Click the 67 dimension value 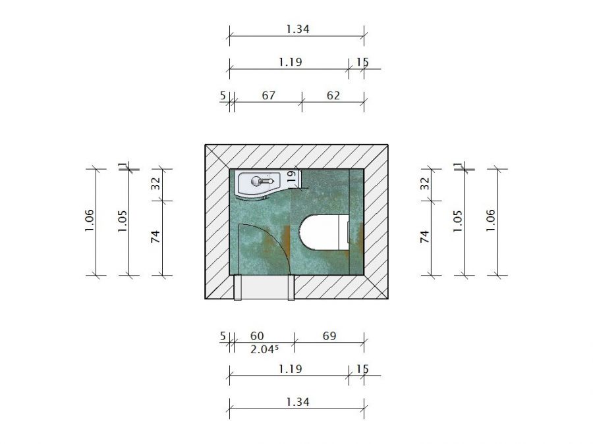point(268,95)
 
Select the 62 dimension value point(333,95)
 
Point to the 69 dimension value point(329,336)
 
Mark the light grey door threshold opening point(264,287)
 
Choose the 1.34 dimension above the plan point(296,29)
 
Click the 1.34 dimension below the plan point(296,401)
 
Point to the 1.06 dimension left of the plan point(90,221)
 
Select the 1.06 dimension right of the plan point(490,221)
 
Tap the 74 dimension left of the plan point(155,237)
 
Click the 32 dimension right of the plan point(425,184)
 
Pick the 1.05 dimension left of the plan point(122,221)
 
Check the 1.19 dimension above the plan point(289,62)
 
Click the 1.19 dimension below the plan point(289,369)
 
